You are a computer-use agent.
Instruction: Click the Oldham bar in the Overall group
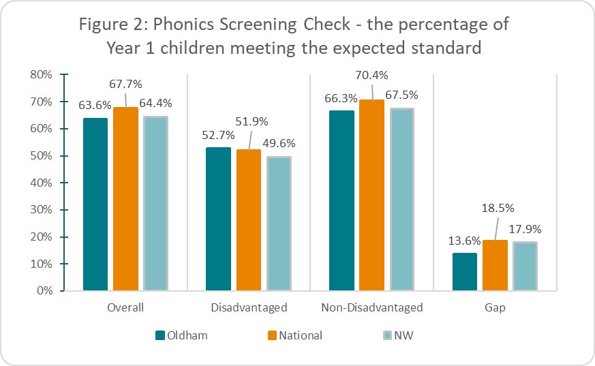tap(95, 204)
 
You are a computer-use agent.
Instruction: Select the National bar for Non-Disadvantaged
tap(372, 196)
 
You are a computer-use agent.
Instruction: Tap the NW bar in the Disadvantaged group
tap(279, 224)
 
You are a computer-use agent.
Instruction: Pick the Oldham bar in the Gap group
tap(465, 272)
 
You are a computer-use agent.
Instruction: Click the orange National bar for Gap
tap(495, 266)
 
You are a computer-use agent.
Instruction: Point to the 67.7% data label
tap(125, 85)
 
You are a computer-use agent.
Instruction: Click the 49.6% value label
tap(279, 143)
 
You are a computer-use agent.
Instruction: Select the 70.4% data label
tap(371, 76)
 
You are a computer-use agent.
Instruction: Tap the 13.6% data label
tap(464, 241)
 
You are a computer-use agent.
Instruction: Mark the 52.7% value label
tap(218, 136)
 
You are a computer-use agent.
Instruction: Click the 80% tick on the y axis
tap(41, 75)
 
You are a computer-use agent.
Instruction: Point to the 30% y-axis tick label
tap(41, 210)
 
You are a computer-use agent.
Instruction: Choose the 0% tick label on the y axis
tap(45, 291)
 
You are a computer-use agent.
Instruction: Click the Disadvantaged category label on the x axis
tap(249, 307)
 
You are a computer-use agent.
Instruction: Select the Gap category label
tap(495, 308)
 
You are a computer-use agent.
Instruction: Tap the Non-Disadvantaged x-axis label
tap(372, 307)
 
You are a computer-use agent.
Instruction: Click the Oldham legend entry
tap(181, 335)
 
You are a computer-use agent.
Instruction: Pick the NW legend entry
tap(398, 335)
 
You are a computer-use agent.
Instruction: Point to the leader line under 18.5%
tap(497, 228)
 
